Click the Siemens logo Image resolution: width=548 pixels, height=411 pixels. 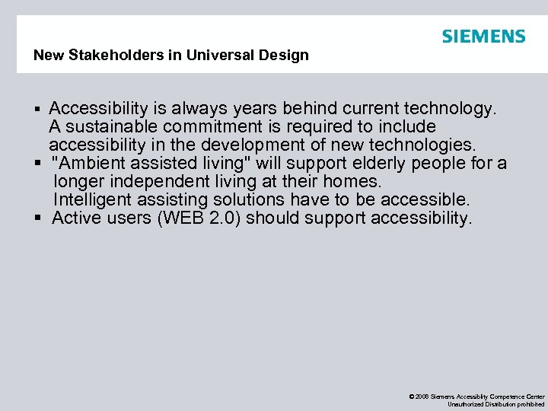point(483,37)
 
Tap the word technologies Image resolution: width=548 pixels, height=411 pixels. point(425,145)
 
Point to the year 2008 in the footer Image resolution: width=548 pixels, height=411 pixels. point(423,397)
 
